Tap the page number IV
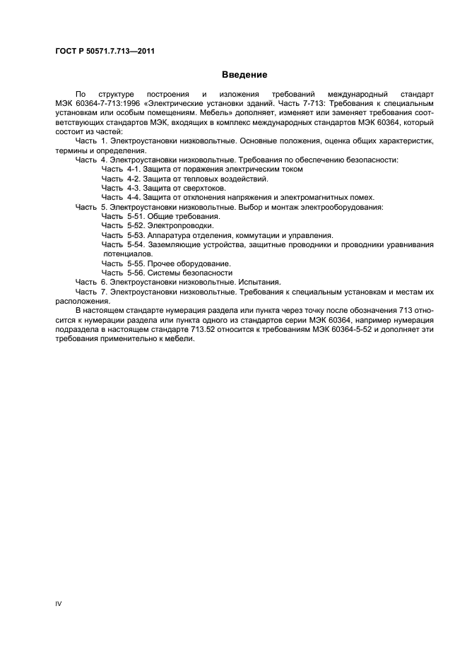click(x=59, y=604)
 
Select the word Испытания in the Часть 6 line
click(x=261, y=281)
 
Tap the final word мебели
click(x=179, y=338)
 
